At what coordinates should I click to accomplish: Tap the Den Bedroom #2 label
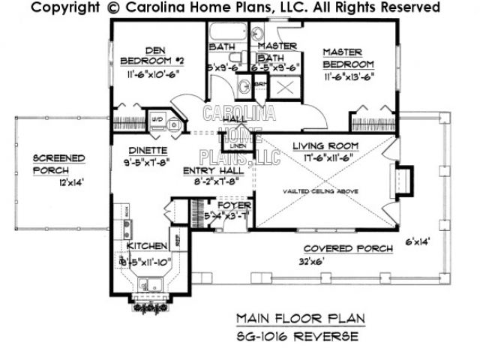[142, 58]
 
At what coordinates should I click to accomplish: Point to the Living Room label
[325, 145]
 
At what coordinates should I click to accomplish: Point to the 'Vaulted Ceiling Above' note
[319, 191]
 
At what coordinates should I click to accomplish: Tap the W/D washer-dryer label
[158, 118]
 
